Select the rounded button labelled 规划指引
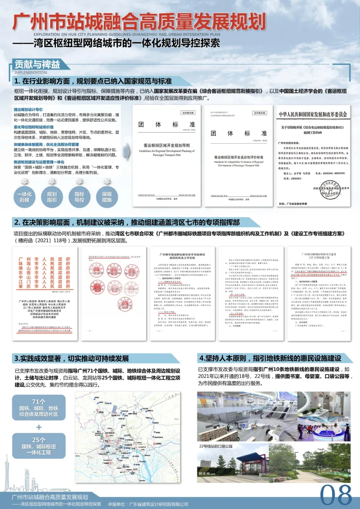(x=52, y=197)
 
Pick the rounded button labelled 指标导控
(x=79, y=197)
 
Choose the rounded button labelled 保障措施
(x=106, y=197)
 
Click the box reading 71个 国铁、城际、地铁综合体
(x=39, y=406)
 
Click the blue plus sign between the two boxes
(x=39, y=426)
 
